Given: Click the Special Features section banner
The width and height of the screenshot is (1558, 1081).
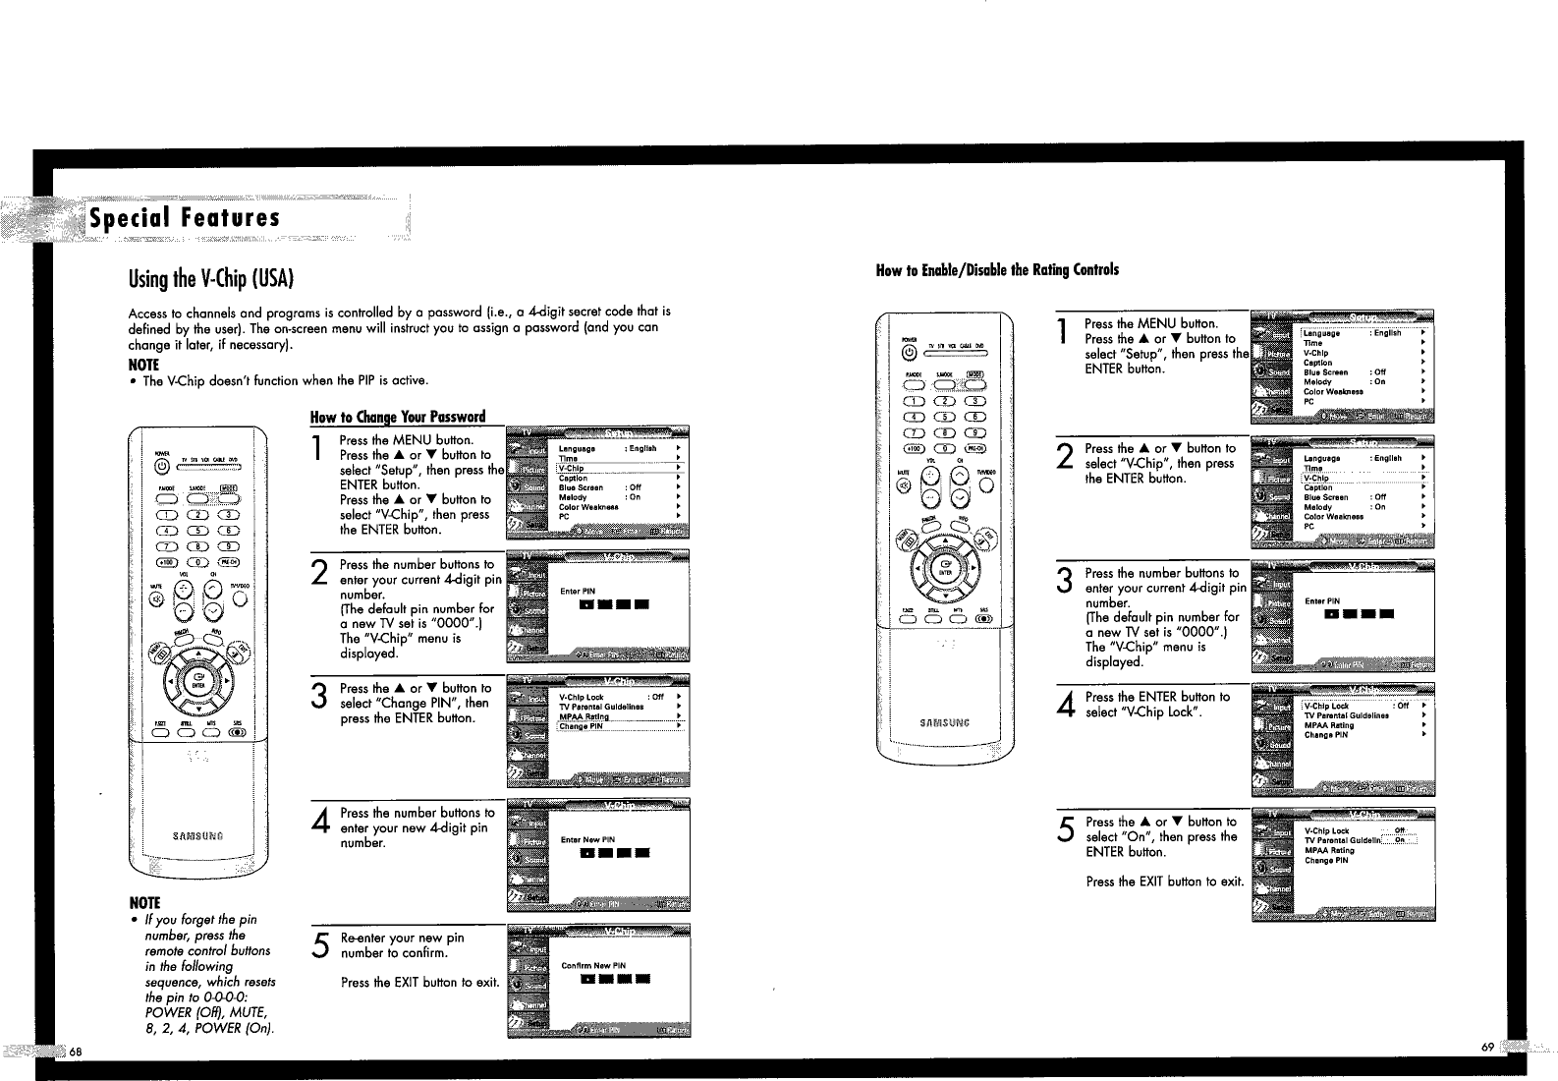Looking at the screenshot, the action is coord(185,217).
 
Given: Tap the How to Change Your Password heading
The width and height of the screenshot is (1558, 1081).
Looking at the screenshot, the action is coord(398,416).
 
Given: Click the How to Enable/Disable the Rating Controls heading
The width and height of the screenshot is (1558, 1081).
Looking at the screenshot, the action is coord(996,269).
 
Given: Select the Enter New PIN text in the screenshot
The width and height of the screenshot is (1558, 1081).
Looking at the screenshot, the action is coord(586,839).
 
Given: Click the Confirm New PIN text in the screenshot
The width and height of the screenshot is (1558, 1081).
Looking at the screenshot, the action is coord(592,965).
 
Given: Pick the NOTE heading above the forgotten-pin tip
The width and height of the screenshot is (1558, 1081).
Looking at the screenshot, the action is coord(144,902).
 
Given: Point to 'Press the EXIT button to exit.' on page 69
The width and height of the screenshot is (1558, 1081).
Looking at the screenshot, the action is coord(1164,882).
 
